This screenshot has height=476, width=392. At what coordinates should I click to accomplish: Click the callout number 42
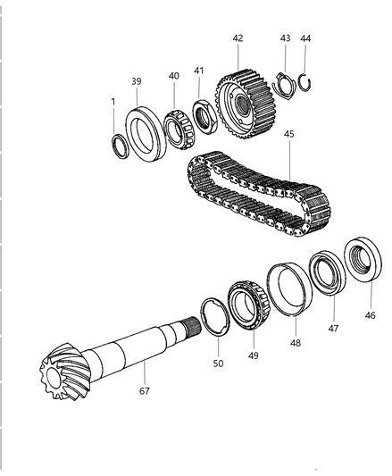[238, 38]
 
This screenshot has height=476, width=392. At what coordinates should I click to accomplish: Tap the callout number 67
[145, 391]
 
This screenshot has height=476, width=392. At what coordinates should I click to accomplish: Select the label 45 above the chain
[289, 134]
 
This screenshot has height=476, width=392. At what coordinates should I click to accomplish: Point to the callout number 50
[218, 363]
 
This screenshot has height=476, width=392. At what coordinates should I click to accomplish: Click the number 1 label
[113, 102]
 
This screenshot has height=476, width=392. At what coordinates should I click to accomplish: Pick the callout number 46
[370, 315]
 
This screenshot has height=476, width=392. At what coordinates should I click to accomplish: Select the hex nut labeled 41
[205, 116]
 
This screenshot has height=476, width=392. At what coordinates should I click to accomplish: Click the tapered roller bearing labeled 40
[179, 129]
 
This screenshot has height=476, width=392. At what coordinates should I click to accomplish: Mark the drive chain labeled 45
[259, 195]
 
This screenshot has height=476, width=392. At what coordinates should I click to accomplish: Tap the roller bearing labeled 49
[248, 305]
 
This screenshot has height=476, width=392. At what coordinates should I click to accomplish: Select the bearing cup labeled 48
[289, 289]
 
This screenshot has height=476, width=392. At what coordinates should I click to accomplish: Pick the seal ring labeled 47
[327, 272]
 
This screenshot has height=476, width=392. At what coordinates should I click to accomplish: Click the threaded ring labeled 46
[363, 260]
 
